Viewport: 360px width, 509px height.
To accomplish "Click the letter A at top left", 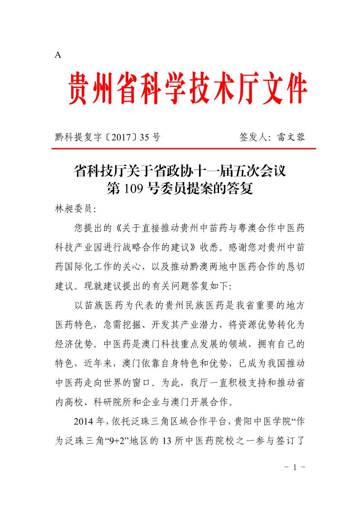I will (58, 55).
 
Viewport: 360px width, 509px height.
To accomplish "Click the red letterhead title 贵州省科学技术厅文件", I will (188, 88).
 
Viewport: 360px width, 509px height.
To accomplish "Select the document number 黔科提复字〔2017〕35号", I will (107, 137).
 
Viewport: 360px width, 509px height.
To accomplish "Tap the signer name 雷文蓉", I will (290, 137).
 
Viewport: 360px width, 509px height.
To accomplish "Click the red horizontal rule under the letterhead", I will (185, 149).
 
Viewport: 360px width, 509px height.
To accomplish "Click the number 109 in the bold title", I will (132, 188).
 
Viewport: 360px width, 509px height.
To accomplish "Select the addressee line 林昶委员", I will (73, 209).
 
